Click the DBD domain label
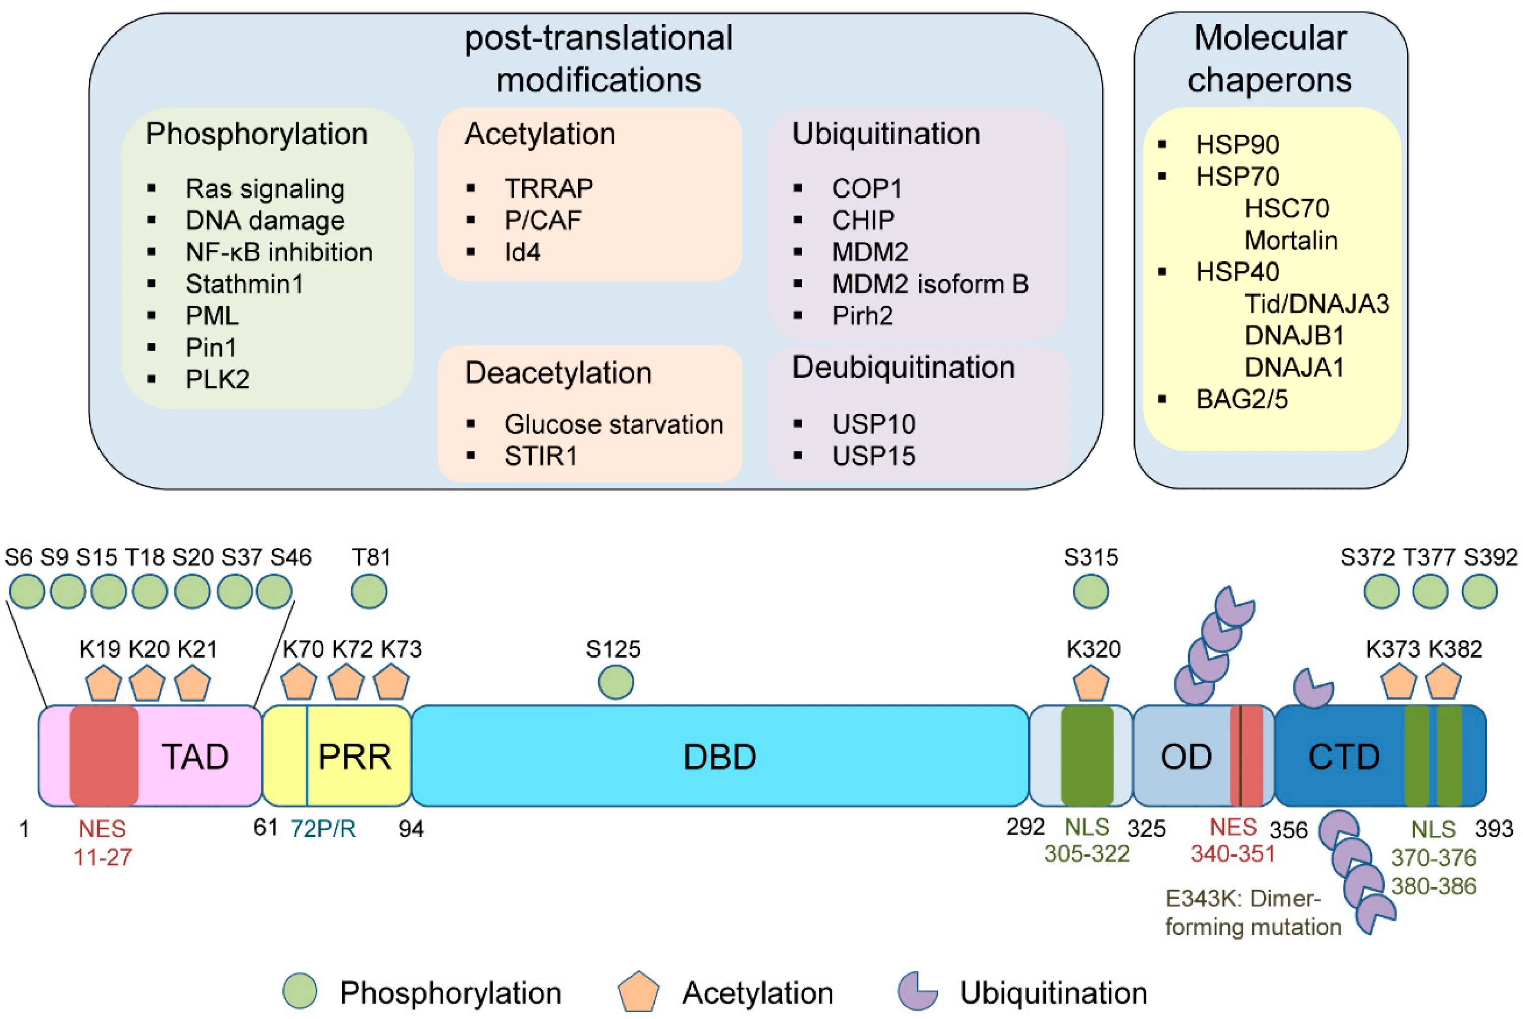pyautogui.click(x=720, y=757)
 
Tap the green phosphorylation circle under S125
pyautogui.click(x=615, y=682)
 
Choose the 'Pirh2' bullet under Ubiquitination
pyautogui.click(x=862, y=316)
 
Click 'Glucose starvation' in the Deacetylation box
pyautogui.click(x=614, y=424)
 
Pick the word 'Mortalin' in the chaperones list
pyautogui.click(x=1291, y=241)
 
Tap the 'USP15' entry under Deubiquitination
pyautogui.click(x=874, y=456)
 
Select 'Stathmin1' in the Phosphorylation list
pyautogui.click(x=244, y=284)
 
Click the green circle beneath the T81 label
pyautogui.click(x=369, y=591)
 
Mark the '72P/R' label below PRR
pyautogui.click(x=323, y=829)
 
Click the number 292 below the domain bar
pyautogui.click(x=1025, y=827)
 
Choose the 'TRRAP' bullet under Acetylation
pyautogui.click(x=548, y=188)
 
